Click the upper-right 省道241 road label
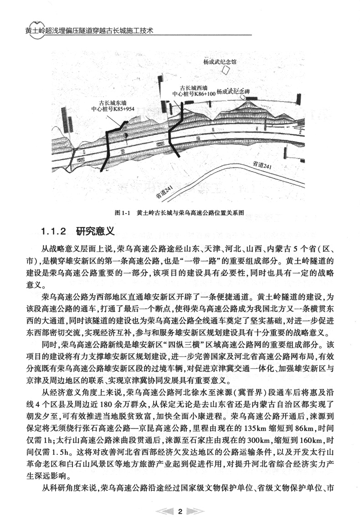[263, 166]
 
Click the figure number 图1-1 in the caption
[123, 212]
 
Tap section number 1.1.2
[54, 231]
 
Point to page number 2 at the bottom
[180, 511]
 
